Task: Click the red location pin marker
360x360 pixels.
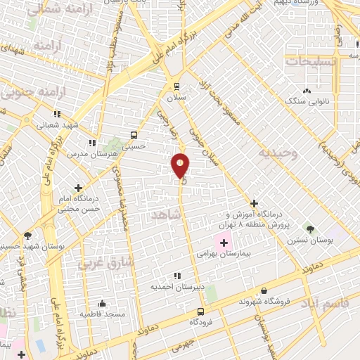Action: (180, 166)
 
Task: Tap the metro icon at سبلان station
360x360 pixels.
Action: (177, 86)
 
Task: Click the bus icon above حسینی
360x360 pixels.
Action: (134, 135)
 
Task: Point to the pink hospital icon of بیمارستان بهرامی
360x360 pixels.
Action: (224, 243)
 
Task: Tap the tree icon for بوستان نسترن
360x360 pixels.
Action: (309, 229)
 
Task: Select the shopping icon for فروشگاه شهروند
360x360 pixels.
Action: (264, 290)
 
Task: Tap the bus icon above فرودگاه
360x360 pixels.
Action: (201, 311)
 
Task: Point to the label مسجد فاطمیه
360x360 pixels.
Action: (102, 314)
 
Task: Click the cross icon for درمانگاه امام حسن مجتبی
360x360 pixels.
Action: (78, 188)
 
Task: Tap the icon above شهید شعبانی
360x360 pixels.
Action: (56, 114)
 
